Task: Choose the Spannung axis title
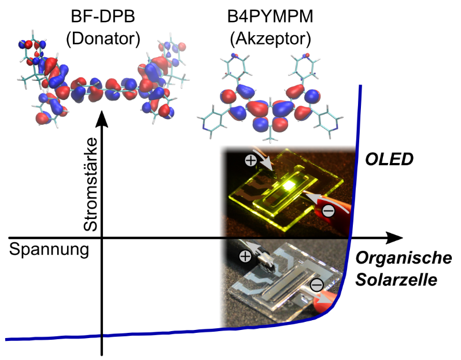point(49,251)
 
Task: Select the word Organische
point(403,259)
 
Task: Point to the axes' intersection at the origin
point(102,238)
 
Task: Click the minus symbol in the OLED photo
point(327,211)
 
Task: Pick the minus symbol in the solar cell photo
point(317,285)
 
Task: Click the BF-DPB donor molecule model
point(102,81)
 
